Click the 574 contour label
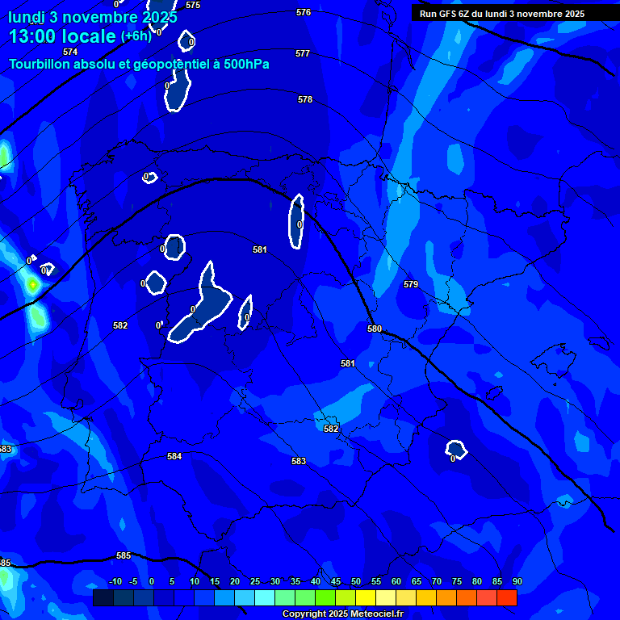click(x=70, y=52)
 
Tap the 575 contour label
click(x=193, y=5)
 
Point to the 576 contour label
click(x=304, y=12)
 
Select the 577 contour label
click(x=303, y=53)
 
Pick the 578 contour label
click(x=305, y=99)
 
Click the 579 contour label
click(x=411, y=284)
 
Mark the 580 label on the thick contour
click(x=375, y=329)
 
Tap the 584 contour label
click(x=174, y=456)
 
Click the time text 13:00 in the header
click(x=36, y=36)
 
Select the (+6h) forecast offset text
click(x=136, y=36)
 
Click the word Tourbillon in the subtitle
click(x=40, y=64)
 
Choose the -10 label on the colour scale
click(x=115, y=581)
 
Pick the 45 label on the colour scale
click(x=335, y=581)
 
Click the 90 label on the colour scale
click(x=517, y=581)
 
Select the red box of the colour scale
click(x=507, y=597)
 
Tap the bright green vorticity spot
click(x=32, y=284)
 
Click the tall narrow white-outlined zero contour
click(x=296, y=220)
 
